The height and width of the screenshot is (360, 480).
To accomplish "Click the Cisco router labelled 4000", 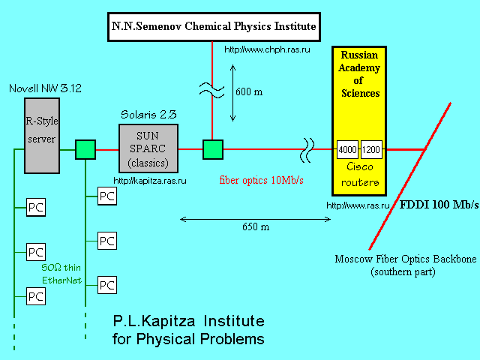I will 347,149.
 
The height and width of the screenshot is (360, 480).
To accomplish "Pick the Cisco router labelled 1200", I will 372,149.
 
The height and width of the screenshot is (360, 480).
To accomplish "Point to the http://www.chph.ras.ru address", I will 267,49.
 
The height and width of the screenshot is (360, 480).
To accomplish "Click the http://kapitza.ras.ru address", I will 149,181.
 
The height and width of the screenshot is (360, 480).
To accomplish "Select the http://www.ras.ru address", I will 356,205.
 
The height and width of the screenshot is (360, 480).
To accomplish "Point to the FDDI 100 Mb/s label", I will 438,205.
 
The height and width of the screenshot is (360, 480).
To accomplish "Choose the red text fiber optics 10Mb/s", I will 261,181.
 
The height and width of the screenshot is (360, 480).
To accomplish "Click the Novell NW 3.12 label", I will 44,88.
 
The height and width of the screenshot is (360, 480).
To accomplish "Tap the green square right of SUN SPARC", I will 213,149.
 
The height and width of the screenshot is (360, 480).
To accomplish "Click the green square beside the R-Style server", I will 85,149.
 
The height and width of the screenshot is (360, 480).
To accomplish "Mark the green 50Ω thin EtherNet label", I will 61,274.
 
